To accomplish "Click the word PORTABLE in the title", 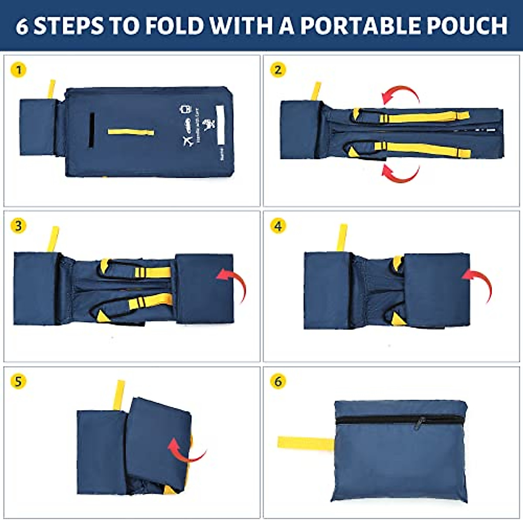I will (360, 25).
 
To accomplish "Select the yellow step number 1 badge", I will (18, 70).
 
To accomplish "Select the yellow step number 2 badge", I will (278, 70).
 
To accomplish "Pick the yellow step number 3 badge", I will (18, 226).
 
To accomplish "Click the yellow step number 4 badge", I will (278, 226).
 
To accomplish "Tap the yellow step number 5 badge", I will (18, 381).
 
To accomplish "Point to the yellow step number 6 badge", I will (278, 381).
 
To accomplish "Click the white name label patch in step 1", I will (220, 124).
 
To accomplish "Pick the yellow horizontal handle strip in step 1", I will (131, 132).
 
